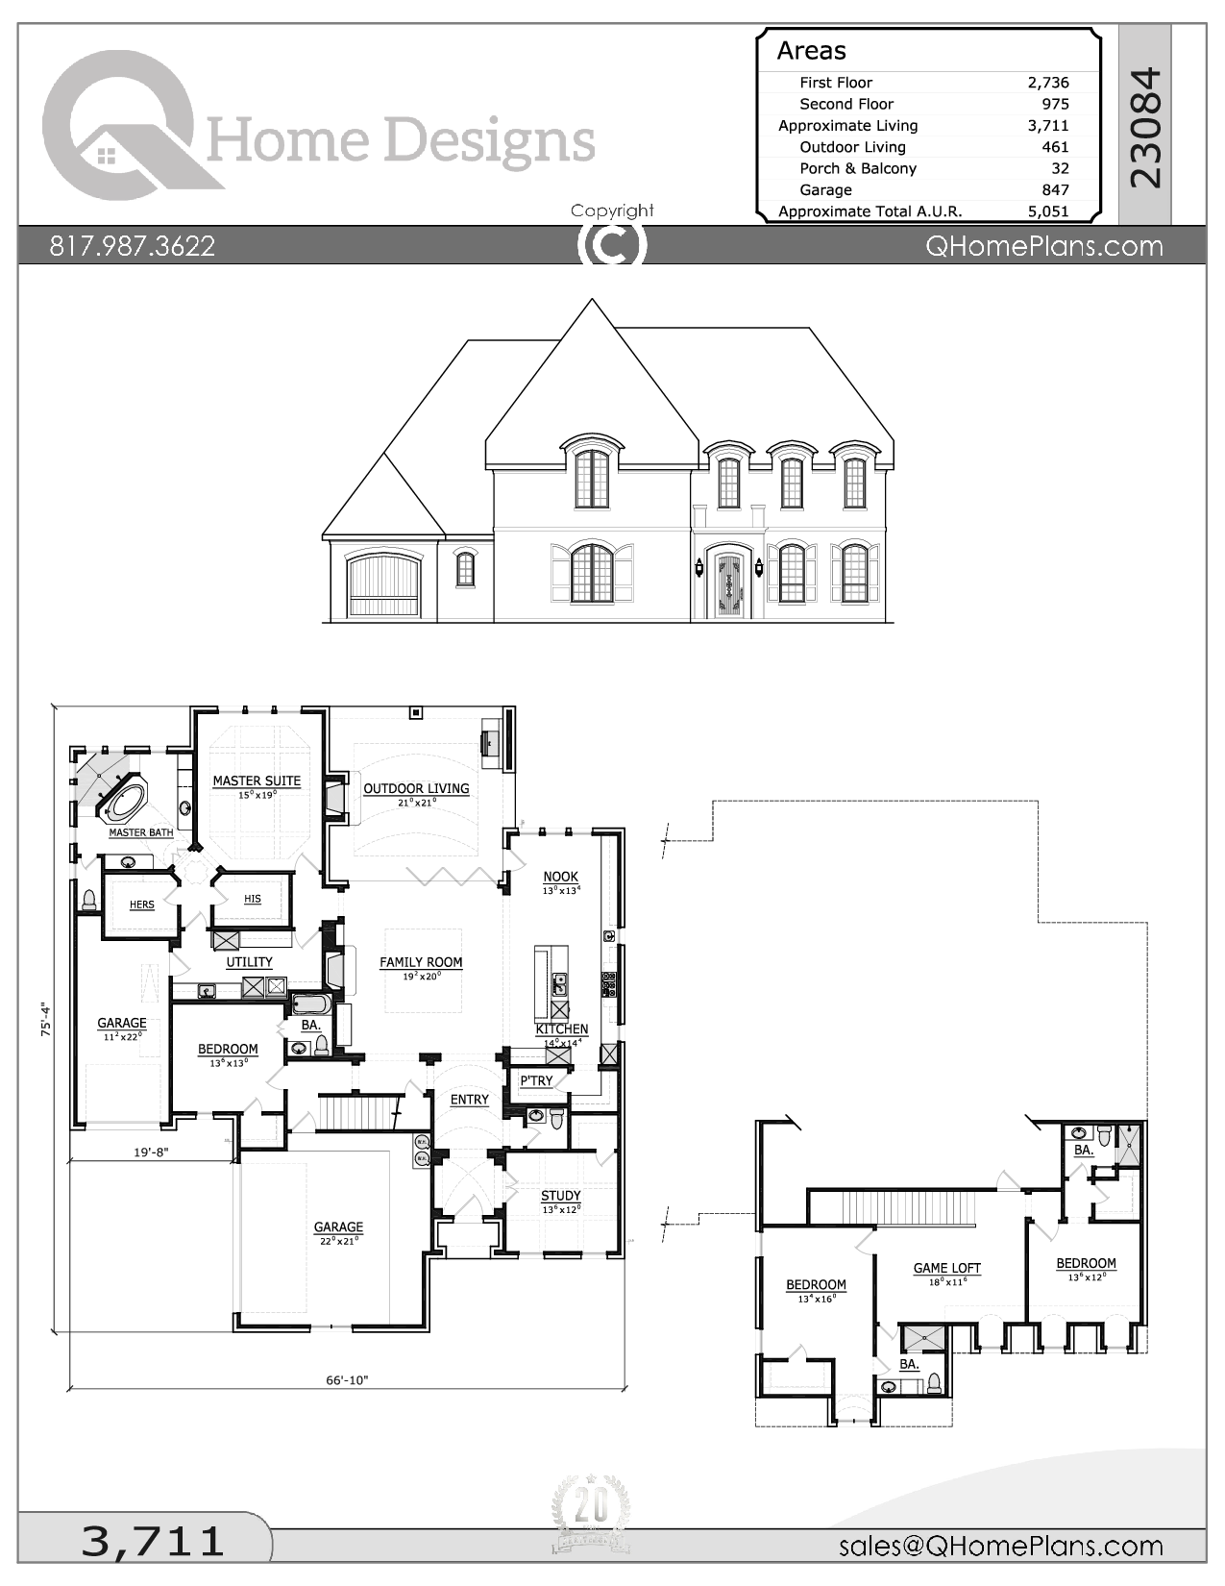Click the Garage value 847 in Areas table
[x=1055, y=190]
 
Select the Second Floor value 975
[x=1055, y=104]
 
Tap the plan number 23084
[x=1145, y=128]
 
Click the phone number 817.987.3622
[x=133, y=246]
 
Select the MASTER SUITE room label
[x=257, y=781]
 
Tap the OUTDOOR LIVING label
[x=416, y=788]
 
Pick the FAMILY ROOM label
[x=421, y=962]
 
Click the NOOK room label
[x=561, y=877]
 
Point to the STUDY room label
[x=561, y=1196]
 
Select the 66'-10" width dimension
[x=347, y=1380]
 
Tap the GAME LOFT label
[x=947, y=1268]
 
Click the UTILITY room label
[x=249, y=962]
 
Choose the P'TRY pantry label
[x=536, y=1080]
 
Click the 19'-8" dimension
[x=150, y=1152]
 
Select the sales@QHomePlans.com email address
[x=1000, y=1546]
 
